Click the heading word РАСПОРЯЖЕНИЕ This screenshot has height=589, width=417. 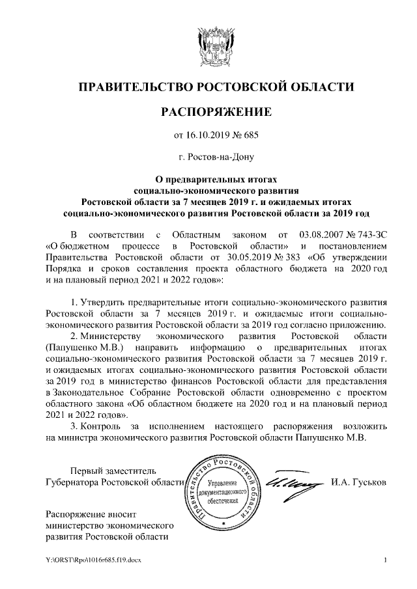coord(216,112)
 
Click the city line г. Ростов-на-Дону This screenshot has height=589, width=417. coord(216,157)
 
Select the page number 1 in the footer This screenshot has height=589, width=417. coord(386,560)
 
